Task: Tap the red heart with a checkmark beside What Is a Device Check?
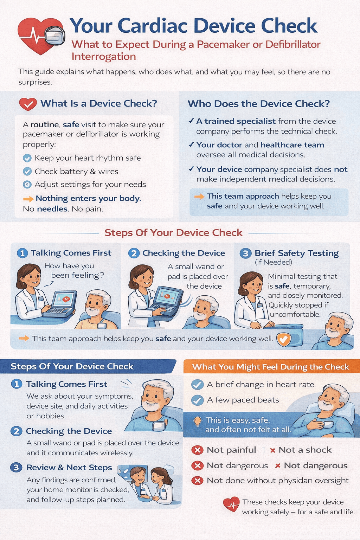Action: [x=28, y=104]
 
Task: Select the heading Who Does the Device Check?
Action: [x=259, y=104]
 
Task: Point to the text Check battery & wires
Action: [x=76, y=172]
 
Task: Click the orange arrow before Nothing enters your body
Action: [x=28, y=199]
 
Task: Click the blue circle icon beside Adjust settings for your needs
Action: [x=27, y=185]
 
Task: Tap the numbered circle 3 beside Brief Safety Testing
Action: [x=245, y=253]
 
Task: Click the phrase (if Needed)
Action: [x=274, y=262]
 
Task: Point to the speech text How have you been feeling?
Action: [x=74, y=270]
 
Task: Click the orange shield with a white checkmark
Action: [x=284, y=339]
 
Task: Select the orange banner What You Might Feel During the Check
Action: [x=272, y=366]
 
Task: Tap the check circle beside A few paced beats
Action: [x=197, y=400]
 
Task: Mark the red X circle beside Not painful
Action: [x=197, y=450]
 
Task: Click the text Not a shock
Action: [x=305, y=450]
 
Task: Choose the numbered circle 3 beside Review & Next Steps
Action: [x=16, y=468]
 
